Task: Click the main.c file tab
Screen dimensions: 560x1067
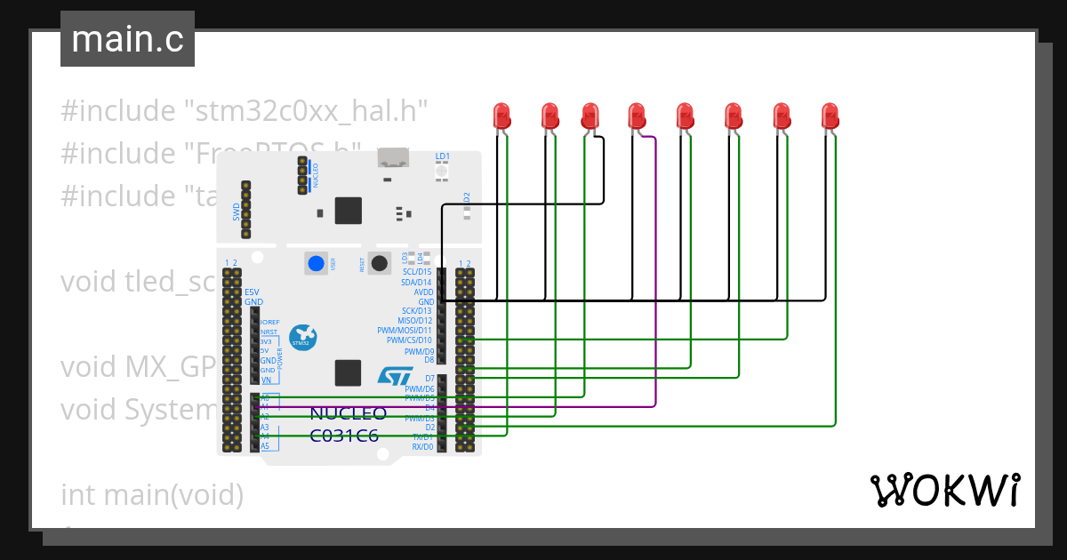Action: click(x=127, y=40)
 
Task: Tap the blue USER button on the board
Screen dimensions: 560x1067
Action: click(x=316, y=263)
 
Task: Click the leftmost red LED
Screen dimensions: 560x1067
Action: click(x=502, y=115)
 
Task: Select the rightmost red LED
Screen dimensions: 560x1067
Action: click(x=830, y=115)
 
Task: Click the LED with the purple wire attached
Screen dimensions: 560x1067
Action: click(x=637, y=115)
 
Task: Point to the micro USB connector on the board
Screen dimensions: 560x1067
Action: click(x=392, y=159)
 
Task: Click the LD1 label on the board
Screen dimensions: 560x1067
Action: click(x=442, y=156)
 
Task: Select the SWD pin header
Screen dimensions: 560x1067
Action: click(x=246, y=211)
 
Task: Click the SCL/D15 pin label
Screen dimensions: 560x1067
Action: click(x=417, y=272)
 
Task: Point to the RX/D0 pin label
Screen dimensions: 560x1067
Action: click(x=422, y=446)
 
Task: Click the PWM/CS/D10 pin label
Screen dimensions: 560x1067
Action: click(x=409, y=340)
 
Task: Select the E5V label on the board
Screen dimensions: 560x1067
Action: click(x=253, y=292)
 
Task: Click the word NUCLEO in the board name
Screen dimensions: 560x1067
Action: click(x=348, y=414)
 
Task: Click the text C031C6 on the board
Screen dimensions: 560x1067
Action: click(x=344, y=436)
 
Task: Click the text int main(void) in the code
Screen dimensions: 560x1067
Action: click(x=151, y=494)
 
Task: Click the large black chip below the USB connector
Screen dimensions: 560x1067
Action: click(x=348, y=211)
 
